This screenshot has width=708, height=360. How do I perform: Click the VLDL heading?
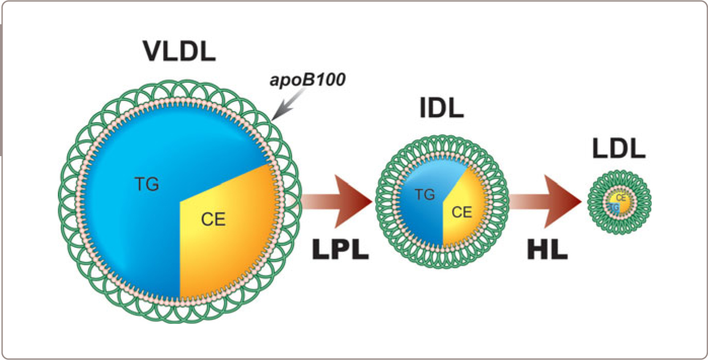(x=179, y=51)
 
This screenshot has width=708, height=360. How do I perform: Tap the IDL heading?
(x=441, y=109)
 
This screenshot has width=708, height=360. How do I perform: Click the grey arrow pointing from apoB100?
(x=284, y=109)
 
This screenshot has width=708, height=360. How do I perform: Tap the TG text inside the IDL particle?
(x=425, y=194)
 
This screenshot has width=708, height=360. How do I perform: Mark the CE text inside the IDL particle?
(x=461, y=211)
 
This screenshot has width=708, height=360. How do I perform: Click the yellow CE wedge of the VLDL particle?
(x=233, y=243)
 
